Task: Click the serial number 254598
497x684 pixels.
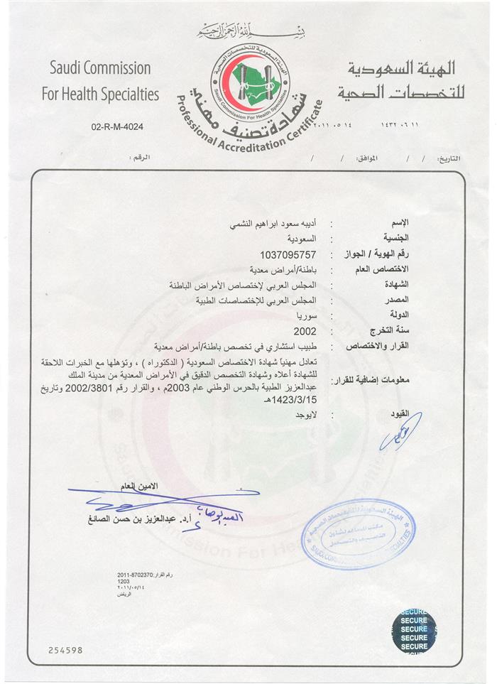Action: pyautogui.click(x=66, y=649)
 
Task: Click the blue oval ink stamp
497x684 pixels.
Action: pyautogui.click(x=356, y=533)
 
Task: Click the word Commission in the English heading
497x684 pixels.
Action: pyautogui.click(x=116, y=69)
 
